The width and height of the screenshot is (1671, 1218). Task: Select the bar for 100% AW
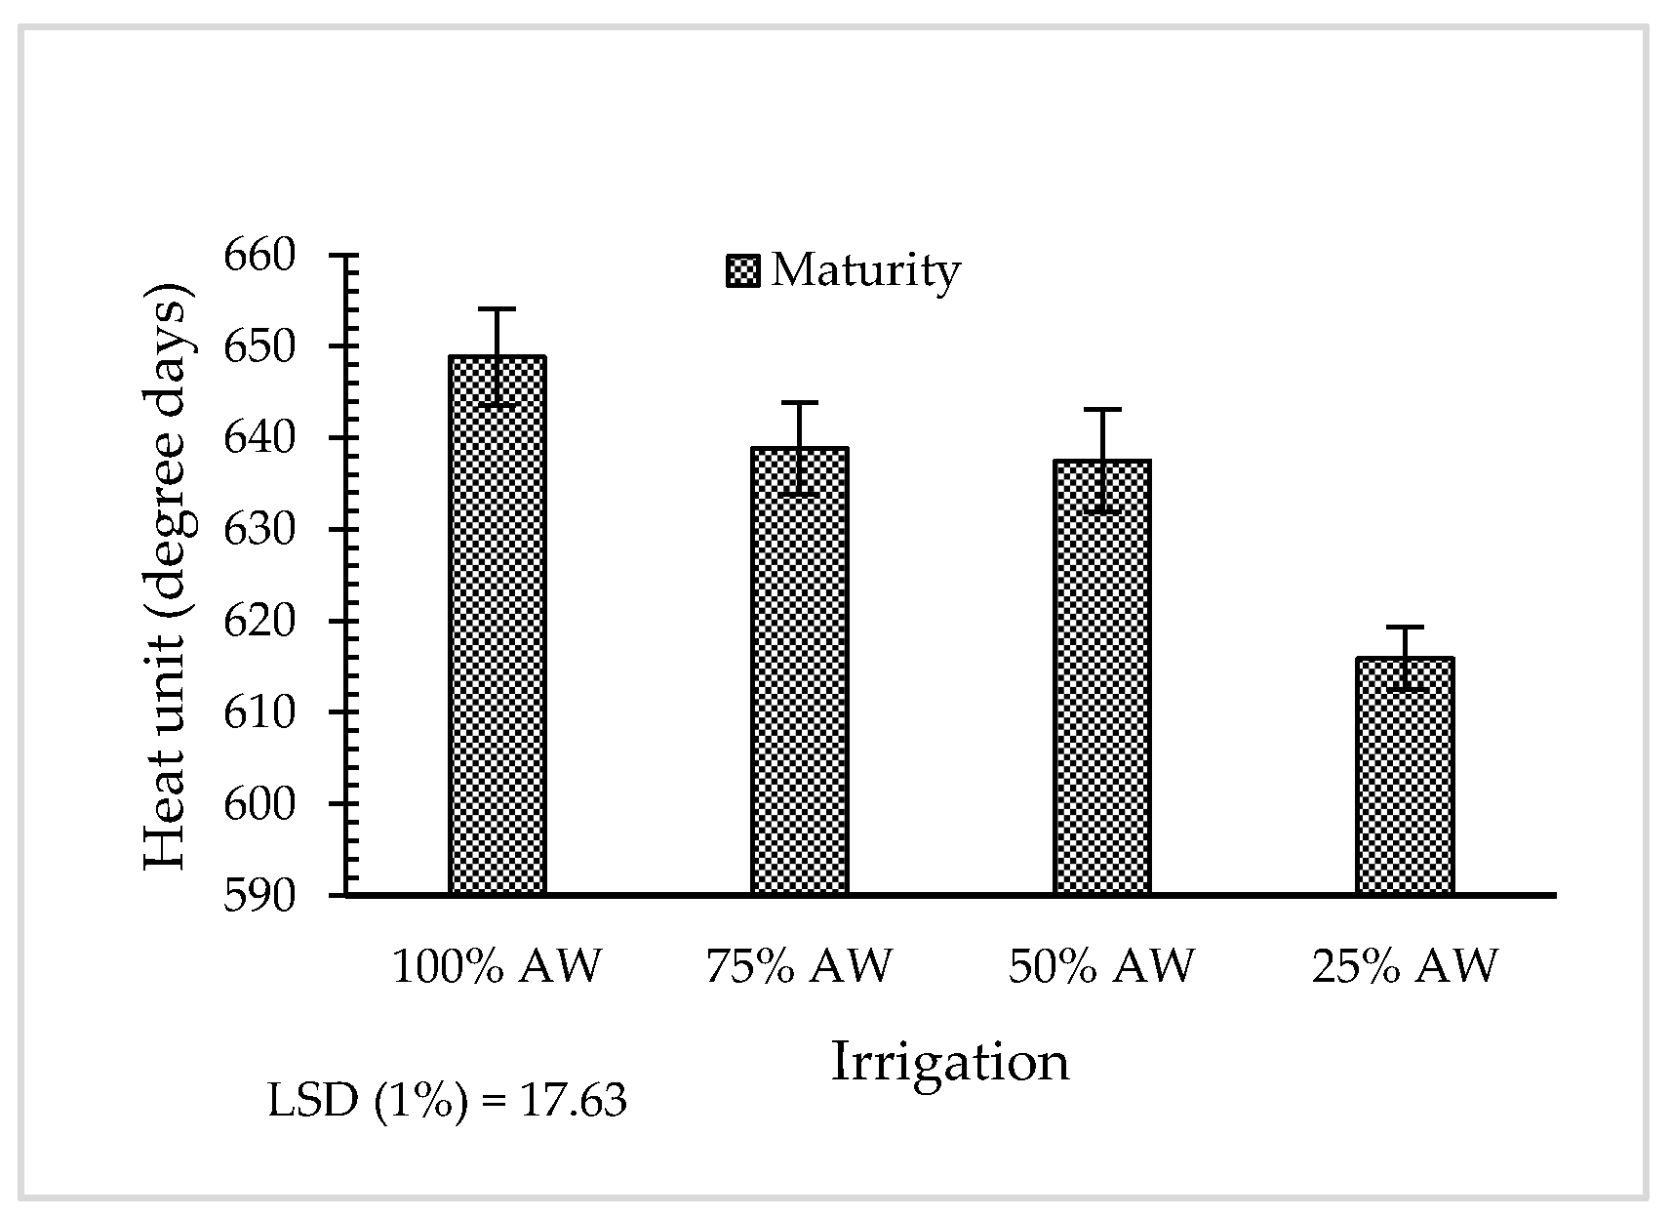[x=497, y=625]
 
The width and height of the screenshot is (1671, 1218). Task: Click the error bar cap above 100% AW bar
[x=497, y=309]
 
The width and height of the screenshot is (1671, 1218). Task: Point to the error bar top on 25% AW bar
[x=1404, y=627]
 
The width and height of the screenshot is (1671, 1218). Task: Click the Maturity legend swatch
[x=742, y=271]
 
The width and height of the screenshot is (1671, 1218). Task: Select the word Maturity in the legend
[x=865, y=270]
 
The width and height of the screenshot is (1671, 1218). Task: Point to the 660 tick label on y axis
[x=259, y=256]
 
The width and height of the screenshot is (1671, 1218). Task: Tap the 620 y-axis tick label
[x=259, y=621]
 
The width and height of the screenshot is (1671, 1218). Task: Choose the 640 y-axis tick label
[x=259, y=438]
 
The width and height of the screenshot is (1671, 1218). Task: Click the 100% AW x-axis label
[x=497, y=966]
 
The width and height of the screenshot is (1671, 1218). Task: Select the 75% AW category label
[x=799, y=966]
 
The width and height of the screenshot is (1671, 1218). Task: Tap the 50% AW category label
[x=1101, y=966]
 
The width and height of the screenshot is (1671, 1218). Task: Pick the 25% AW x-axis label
[x=1404, y=966]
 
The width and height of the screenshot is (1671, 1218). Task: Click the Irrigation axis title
[x=949, y=1062]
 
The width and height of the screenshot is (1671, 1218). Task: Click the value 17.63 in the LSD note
[x=573, y=1102]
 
